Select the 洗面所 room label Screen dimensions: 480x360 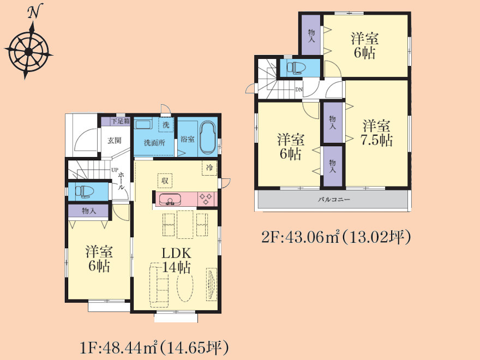point(154,143)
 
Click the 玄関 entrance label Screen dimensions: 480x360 point(115,141)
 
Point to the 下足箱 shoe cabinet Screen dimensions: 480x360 point(116,121)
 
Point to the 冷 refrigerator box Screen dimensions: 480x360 point(209,168)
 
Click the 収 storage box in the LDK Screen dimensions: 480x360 point(165,181)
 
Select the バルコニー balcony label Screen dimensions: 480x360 point(334,199)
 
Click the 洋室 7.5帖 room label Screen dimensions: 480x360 point(377,133)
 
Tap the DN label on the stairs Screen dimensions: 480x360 point(299,89)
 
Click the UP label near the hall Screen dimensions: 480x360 point(115,170)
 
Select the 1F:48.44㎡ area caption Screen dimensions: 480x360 point(154,348)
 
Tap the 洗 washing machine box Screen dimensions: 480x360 point(166,125)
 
